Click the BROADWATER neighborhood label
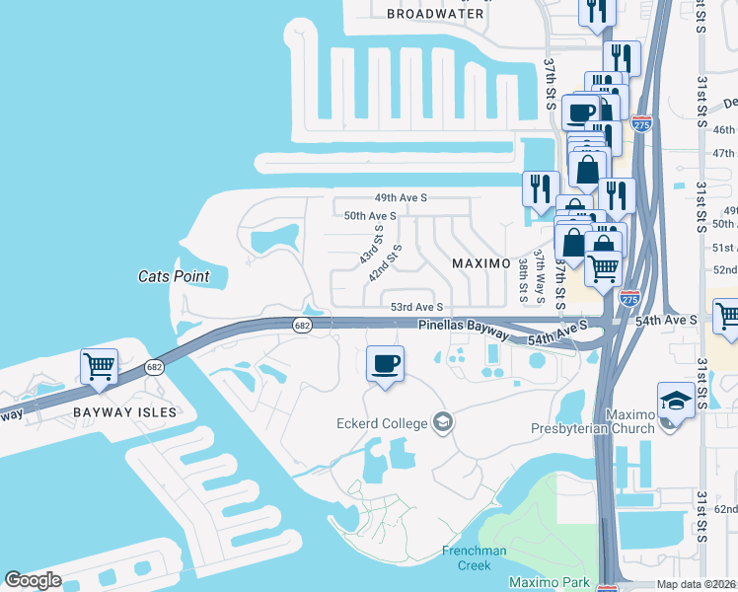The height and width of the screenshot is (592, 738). click(x=435, y=14)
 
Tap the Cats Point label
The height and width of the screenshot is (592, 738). click(x=174, y=276)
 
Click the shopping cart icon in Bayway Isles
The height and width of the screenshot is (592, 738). click(x=100, y=366)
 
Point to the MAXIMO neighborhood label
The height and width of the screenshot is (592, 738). click(x=480, y=264)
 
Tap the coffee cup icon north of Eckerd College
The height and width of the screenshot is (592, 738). click(x=385, y=362)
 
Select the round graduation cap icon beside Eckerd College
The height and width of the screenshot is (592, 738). click(x=444, y=423)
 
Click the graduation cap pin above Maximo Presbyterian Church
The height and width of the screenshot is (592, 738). click(x=675, y=401)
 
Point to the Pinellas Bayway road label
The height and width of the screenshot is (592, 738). click(x=463, y=325)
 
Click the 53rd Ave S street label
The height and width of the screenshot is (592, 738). click(x=417, y=307)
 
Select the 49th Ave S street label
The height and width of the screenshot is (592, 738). click(x=400, y=197)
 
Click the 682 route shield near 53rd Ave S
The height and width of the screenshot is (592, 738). click(x=303, y=326)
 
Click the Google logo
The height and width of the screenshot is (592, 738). click(x=34, y=579)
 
